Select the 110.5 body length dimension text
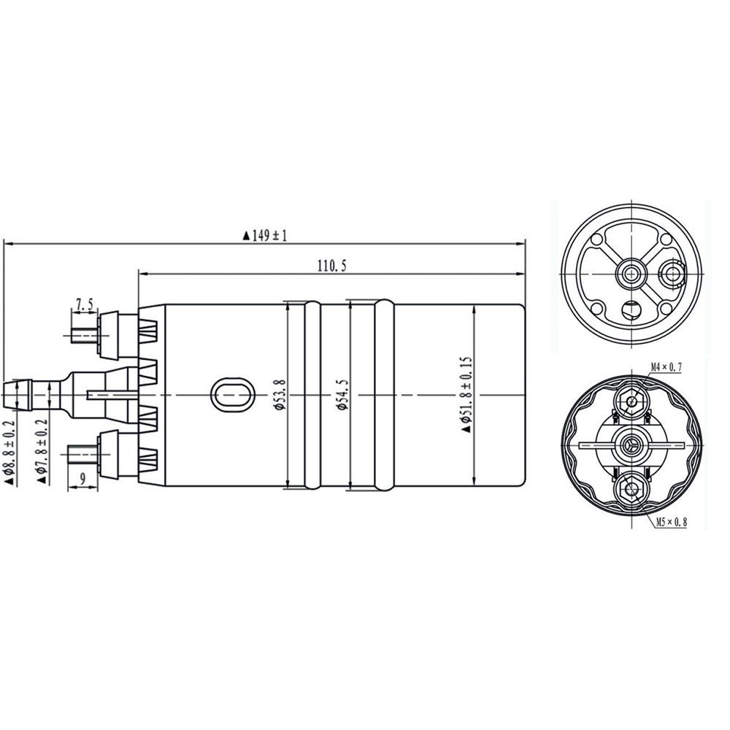331,266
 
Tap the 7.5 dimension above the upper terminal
85,304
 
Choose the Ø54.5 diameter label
341,395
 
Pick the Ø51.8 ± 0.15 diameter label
466,394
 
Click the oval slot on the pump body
232,395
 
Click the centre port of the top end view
631,272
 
